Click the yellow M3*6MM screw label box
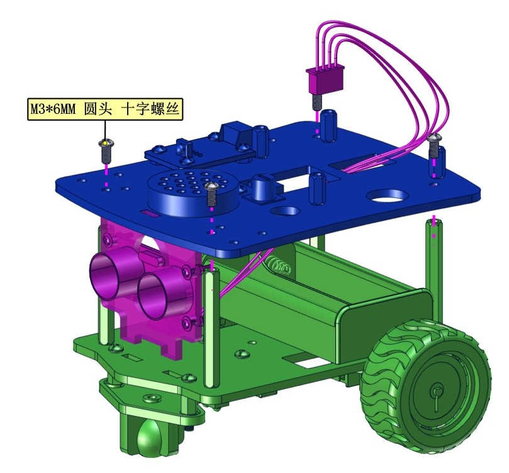(x=105, y=109)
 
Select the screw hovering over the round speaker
(x=211, y=193)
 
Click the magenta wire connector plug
(x=325, y=79)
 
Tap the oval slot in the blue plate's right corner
(x=386, y=196)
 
